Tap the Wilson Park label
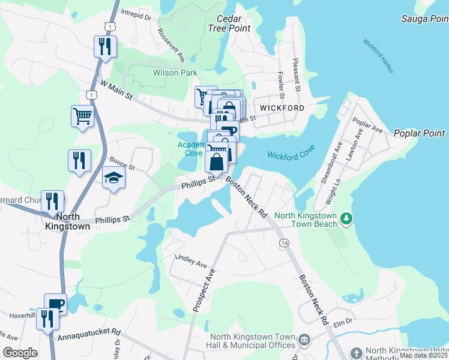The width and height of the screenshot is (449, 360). pyautogui.click(x=158, y=73)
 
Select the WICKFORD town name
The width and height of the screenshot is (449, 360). pyautogui.click(x=282, y=107)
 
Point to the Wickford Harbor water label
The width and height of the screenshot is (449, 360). pyautogui.click(x=378, y=56)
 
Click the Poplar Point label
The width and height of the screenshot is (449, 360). pyautogui.click(x=419, y=133)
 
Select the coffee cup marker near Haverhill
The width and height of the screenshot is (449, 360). pyautogui.click(x=56, y=304)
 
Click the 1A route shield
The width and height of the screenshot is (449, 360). pyautogui.click(x=283, y=242)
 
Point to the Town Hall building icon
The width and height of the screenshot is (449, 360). pyautogui.click(x=305, y=340)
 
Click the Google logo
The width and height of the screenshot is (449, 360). pyautogui.click(x=20, y=352)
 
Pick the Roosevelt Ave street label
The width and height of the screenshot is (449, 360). pyautogui.click(x=172, y=44)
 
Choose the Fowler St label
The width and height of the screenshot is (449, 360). pyautogui.click(x=281, y=82)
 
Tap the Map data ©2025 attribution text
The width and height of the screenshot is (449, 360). pyautogui.click(x=423, y=355)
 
